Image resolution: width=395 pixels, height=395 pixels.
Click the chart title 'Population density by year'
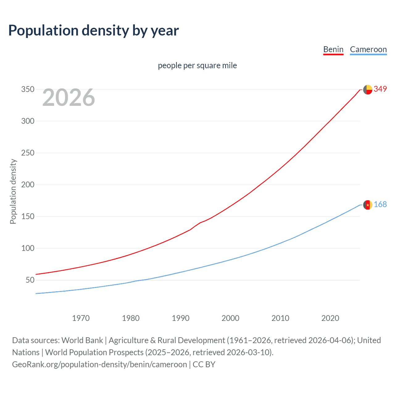[x=94, y=31]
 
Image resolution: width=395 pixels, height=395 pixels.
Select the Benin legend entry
[x=333, y=49]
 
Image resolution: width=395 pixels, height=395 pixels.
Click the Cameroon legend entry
[x=368, y=49]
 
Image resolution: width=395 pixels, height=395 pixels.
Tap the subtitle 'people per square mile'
[x=197, y=65]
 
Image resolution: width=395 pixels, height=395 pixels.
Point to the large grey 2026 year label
[x=69, y=98]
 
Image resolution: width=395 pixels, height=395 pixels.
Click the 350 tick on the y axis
[x=28, y=89]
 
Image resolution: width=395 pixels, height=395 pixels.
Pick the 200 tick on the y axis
[x=28, y=185]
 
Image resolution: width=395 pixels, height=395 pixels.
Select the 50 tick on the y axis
[x=30, y=280]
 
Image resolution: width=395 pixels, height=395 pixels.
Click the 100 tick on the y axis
[x=28, y=248]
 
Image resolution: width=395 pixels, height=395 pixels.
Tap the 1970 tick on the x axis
[x=81, y=318]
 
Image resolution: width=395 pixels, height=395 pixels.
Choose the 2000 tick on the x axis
[x=231, y=318]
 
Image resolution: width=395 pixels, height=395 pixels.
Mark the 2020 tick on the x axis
[x=330, y=318]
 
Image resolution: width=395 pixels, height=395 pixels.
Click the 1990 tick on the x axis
[x=181, y=318]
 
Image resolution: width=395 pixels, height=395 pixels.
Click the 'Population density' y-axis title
[x=13, y=191]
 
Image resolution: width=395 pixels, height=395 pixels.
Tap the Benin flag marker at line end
[x=368, y=89]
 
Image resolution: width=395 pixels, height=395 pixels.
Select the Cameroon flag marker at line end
[x=368, y=205]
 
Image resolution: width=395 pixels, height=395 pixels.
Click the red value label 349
[x=380, y=89]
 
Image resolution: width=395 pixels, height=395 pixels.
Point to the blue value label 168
[x=380, y=205]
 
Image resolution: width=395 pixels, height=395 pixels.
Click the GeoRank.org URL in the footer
[x=99, y=364]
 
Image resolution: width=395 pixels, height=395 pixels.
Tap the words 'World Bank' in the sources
[x=82, y=340]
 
